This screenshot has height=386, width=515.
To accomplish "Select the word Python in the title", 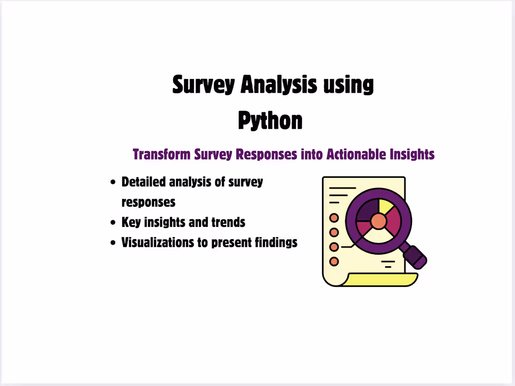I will point(270,120).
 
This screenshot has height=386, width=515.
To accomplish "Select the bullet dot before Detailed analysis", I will point(113,182).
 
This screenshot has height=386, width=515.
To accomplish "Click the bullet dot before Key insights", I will point(113,223).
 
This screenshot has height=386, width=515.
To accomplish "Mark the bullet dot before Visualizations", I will point(113,243).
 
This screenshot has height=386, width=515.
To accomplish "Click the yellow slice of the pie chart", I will point(387,206).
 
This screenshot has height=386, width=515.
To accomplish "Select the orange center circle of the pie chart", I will point(378,221).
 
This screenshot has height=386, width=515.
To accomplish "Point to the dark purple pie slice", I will point(367,209).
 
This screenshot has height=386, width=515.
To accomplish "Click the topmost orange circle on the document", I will point(334,218).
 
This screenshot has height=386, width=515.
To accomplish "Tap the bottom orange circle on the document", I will point(334,262).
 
